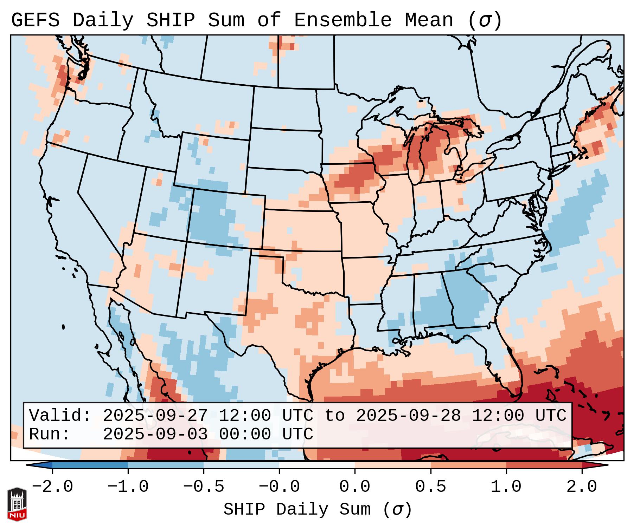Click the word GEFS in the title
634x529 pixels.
[x=35, y=20]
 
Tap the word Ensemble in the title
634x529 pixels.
[x=342, y=20]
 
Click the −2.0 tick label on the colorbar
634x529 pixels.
[x=52, y=487]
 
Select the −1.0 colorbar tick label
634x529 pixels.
[x=128, y=487]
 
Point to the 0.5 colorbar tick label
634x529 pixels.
[x=430, y=487]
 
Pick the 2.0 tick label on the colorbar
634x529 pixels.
[x=582, y=487]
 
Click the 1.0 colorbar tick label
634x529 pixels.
[x=506, y=487]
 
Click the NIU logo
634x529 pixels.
[x=17, y=504]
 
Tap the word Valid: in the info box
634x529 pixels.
[x=60, y=416]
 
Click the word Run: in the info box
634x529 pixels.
[x=50, y=434]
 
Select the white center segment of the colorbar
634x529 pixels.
[x=317, y=465]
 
